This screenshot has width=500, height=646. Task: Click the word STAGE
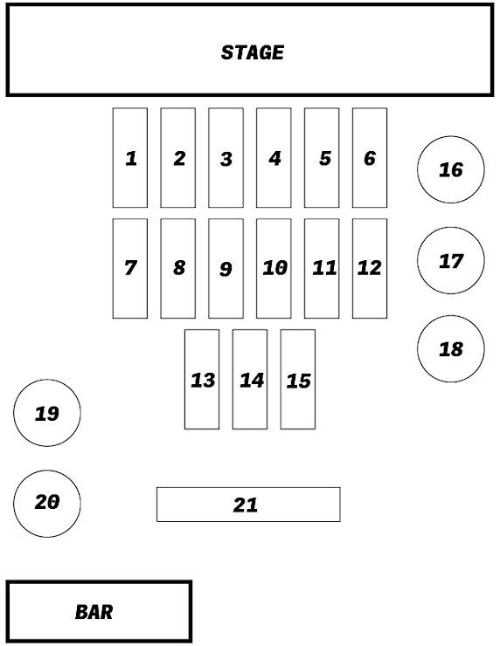coord(252,52)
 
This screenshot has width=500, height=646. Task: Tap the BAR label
coord(94,612)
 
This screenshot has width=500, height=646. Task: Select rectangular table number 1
coord(130,158)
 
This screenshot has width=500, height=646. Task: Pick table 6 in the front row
coord(370,158)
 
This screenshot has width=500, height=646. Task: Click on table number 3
coord(226,158)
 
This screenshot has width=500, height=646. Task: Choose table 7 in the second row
coord(130,269)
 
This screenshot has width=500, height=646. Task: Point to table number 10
coord(274,269)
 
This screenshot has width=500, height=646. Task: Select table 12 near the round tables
coord(370,269)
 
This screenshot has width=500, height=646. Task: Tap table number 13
coord(202,379)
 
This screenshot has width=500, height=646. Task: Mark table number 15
coord(298,379)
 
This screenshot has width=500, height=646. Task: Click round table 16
coord(451,169)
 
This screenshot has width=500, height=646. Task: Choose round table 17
coord(451,260)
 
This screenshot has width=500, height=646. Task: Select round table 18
coord(451,349)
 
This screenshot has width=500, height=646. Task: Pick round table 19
coord(47,413)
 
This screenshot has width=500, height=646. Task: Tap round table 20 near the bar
coord(47,504)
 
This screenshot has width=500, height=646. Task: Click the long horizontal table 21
coord(248,505)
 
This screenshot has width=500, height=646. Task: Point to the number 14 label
coord(252,381)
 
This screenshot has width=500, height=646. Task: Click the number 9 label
coord(226,269)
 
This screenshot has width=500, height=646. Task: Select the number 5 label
coord(325,158)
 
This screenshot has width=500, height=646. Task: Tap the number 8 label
coord(179,268)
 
